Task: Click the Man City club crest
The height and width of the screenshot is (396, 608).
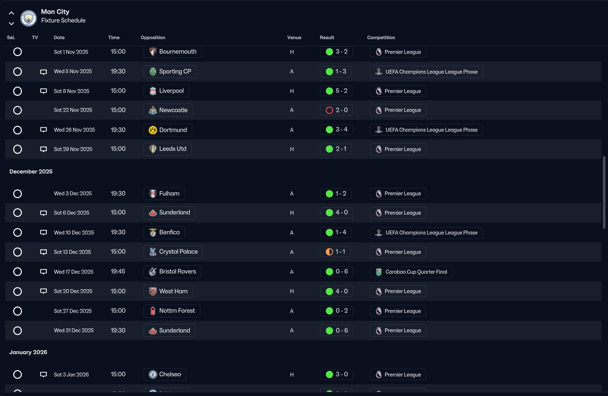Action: tap(28, 18)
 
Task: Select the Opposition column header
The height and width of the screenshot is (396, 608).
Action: tap(153, 38)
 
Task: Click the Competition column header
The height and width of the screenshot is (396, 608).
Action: tap(381, 38)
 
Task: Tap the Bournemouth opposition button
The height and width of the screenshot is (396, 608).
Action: tap(172, 51)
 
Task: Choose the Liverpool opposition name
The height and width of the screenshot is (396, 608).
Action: tap(171, 91)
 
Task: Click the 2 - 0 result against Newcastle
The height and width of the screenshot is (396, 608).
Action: tap(336, 110)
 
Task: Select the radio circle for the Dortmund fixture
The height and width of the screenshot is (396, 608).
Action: tap(17, 130)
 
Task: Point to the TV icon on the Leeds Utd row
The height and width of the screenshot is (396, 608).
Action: tap(43, 149)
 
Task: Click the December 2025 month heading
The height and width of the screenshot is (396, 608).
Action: tap(31, 172)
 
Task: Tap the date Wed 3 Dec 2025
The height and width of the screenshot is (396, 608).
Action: tap(73, 193)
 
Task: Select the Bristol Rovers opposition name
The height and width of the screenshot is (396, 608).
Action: tap(178, 271)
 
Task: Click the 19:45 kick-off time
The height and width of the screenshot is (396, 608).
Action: tap(118, 271)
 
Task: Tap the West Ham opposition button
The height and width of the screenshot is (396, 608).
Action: tap(168, 291)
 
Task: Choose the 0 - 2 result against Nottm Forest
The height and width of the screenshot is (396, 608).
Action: tap(336, 310)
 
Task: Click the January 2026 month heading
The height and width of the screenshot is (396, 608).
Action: tap(28, 352)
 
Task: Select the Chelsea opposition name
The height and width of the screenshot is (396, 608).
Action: tap(170, 374)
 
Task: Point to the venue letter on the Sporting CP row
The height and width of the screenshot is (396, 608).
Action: tap(292, 71)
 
